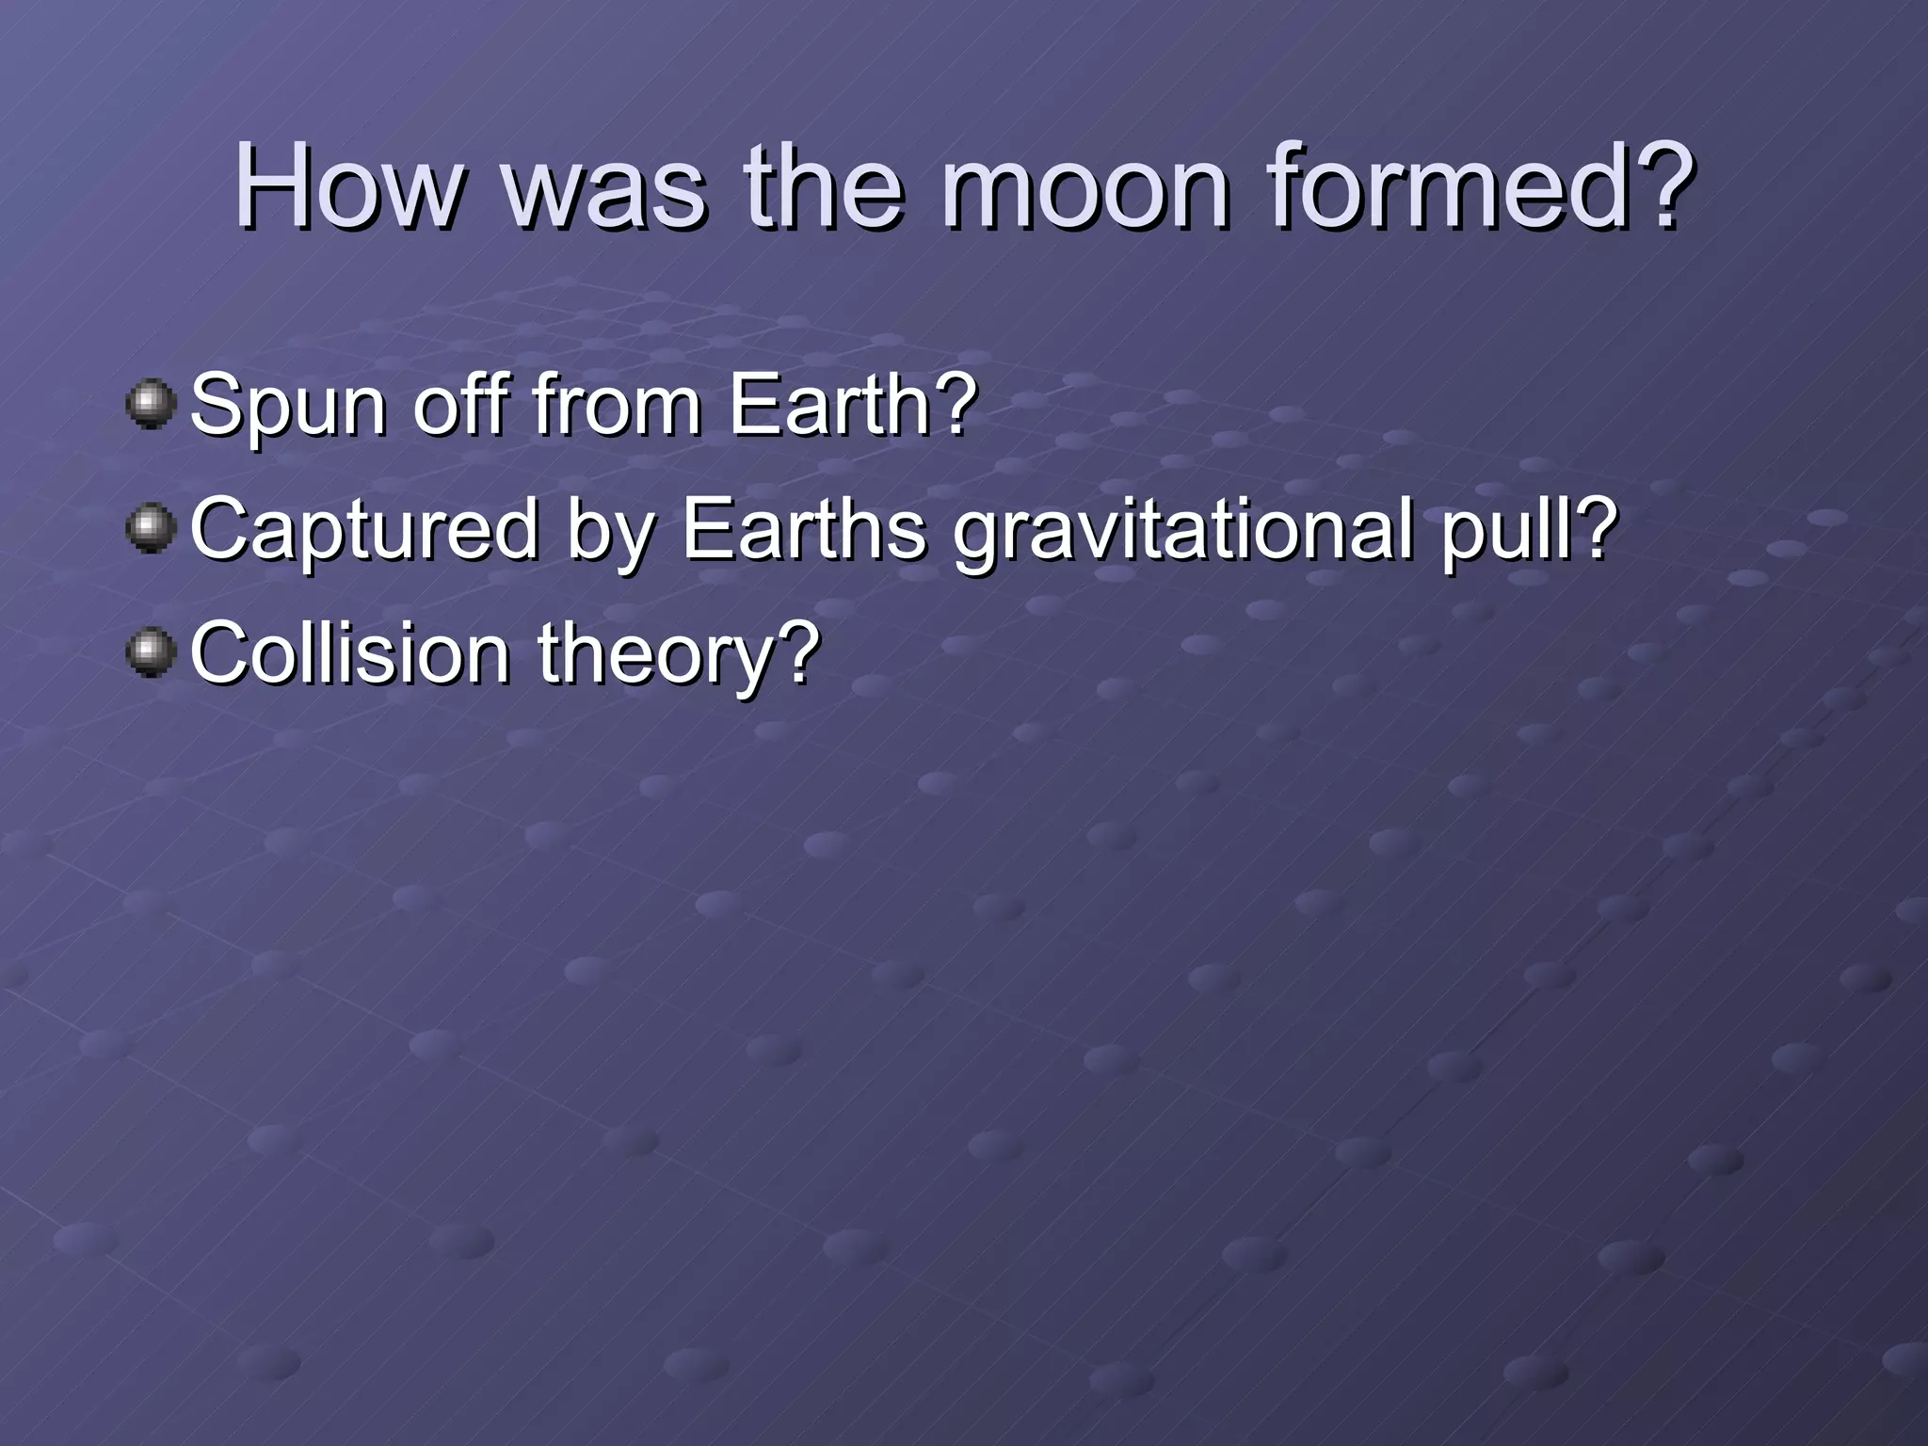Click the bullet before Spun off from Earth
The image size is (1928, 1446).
click(151, 405)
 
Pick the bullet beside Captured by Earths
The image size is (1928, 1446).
click(151, 528)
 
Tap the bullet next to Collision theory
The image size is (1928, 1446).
click(151, 652)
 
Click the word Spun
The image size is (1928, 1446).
click(288, 407)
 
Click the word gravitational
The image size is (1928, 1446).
click(1182, 530)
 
